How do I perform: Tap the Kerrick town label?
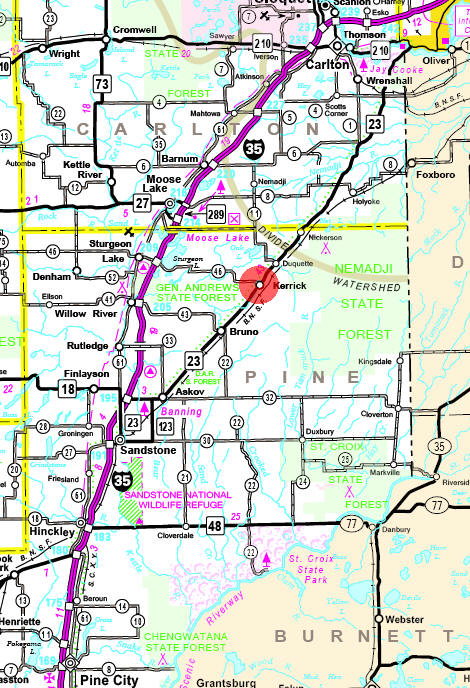(290, 285)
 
